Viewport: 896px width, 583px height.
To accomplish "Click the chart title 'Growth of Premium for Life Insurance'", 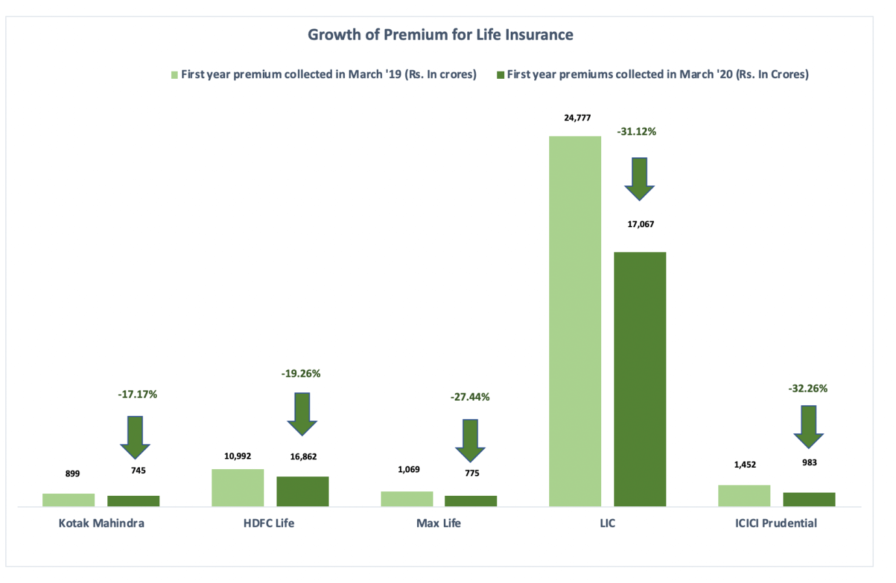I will pyautogui.click(x=440, y=34).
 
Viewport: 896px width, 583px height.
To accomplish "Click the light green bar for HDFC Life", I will pyautogui.click(x=238, y=487).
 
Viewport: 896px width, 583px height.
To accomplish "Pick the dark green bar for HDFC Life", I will pyautogui.click(x=303, y=491).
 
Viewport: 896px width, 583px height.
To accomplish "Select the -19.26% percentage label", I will pyautogui.click(x=301, y=373).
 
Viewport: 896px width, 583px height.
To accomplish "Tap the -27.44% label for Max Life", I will pyautogui.click(x=470, y=397).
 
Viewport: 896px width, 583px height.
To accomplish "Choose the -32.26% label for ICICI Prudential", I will pyautogui.click(x=808, y=388).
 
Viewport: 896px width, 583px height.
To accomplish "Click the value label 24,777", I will pyautogui.click(x=577, y=118).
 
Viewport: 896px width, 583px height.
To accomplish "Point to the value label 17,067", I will pyautogui.click(x=640, y=224).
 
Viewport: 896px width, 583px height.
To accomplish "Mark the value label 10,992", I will pyautogui.click(x=238, y=456).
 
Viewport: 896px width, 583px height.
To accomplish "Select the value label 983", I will pyautogui.click(x=809, y=463).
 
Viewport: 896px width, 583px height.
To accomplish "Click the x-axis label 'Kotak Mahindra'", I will pyautogui.click(x=102, y=523).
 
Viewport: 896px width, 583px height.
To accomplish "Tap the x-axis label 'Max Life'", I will pyautogui.click(x=439, y=523).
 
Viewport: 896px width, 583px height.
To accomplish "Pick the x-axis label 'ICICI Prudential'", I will pyautogui.click(x=776, y=523).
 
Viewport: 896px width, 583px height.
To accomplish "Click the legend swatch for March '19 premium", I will pyautogui.click(x=174, y=75).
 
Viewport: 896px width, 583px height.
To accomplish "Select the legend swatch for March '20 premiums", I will pyautogui.click(x=500, y=75).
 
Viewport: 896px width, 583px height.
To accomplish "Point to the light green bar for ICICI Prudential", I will pyautogui.click(x=744, y=496).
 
